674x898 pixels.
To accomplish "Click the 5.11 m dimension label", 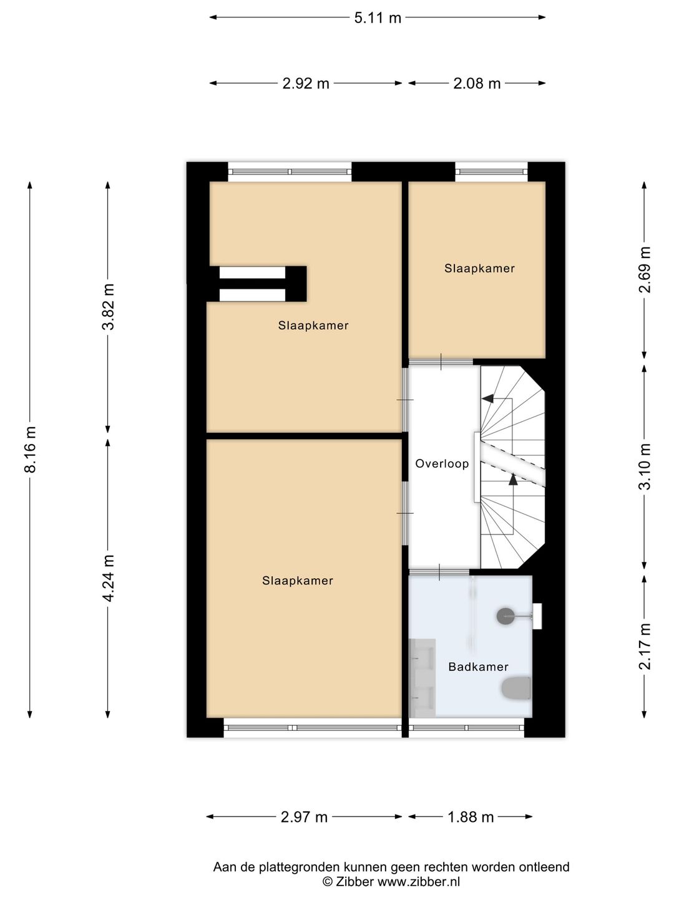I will click(377, 18).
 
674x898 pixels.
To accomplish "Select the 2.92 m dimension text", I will click(305, 84).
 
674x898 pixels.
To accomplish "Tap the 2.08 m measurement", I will click(477, 84).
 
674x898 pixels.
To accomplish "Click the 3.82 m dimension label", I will click(109, 306).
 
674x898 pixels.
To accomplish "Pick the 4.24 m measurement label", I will click(109, 578).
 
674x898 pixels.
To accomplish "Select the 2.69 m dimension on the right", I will click(645, 269).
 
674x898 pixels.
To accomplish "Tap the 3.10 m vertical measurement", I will click(645, 466).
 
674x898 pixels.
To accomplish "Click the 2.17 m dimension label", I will click(645, 646).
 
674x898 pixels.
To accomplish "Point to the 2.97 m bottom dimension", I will click(304, 817).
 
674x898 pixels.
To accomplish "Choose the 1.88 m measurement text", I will click(471, 817).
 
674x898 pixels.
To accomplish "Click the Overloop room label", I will click(442, 464).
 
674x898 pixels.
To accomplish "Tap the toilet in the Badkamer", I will click(517, 688).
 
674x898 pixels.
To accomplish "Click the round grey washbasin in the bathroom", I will click(506, 616).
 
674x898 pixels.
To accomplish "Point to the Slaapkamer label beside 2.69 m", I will click(479, 269).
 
